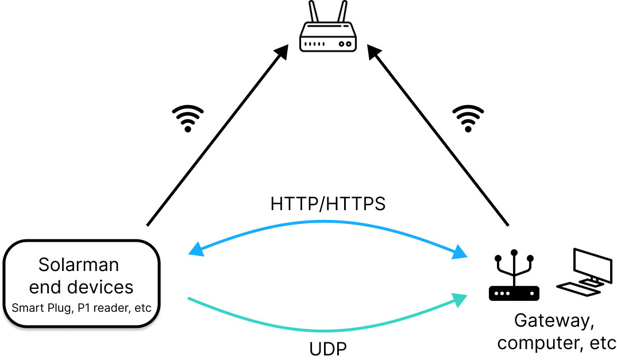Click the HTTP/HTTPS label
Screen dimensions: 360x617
click(x=328, y=204)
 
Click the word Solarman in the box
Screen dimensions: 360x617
click(x=79, y=265)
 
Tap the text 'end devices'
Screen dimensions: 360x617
click(x=81, y=287)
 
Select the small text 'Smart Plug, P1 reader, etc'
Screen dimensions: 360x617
click(x=81, y=308)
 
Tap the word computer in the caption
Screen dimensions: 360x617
click(x=537, y=343)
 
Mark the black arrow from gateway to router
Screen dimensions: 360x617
click(x=439, y=138)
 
